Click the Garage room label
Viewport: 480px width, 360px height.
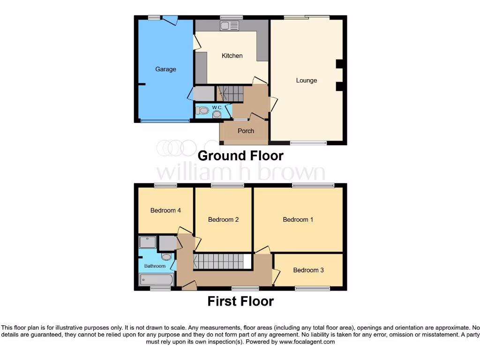(x=165, y=69)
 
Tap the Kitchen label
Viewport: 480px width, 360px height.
(x=232, y=56)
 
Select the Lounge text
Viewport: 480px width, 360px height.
(x=307, y=81)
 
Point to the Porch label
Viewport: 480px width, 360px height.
(x=246, y=131)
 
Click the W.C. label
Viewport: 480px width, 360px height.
(x=217, y=107)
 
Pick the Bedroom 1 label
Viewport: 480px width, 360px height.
(x=298, y=219)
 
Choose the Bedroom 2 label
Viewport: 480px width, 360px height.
(x=223, y=219)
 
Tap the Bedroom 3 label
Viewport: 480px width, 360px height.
(x=308, y=270)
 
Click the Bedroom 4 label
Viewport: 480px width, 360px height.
(x=165, y=210)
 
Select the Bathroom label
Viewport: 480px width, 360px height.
(x=155, y=266)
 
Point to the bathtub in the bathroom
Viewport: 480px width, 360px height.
(x=156, y=280)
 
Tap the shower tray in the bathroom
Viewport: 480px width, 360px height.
(x=148, y=242)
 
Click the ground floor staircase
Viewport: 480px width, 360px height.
(x=230, y=93)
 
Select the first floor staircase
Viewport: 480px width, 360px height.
(x=219, y=261)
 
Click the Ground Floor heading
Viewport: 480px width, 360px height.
(x=240, y=156)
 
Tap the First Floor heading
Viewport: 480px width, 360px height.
(x=240, y=301)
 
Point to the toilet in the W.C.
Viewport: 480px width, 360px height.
(x=203, y=111)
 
